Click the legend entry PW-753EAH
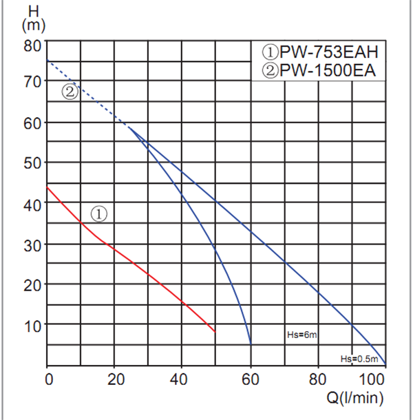320,52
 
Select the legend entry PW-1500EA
320,70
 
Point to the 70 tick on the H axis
33,82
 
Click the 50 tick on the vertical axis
33,163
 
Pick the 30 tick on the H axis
33,245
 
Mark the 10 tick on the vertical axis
33,325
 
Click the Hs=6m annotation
301,335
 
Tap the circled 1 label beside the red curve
99,213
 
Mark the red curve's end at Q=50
215,332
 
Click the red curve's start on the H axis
47,187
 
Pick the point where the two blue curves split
129,127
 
